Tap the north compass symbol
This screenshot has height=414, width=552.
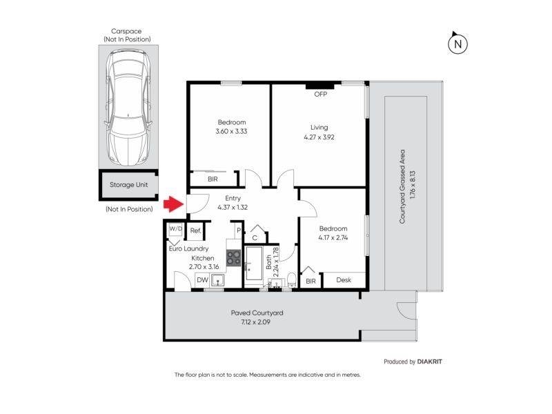click(457, 43)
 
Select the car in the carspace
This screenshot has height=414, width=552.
click(128, 108)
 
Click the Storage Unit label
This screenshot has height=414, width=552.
click(128, 185)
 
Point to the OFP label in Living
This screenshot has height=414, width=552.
click(320, 94)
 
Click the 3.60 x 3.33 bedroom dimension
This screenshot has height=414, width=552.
click(231, 131)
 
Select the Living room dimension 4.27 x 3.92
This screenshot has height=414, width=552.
click(319, 137)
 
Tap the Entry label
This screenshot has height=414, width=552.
click(233, 198)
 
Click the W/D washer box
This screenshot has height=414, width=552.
click(176, 229)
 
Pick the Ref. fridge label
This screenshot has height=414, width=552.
click(196, 231)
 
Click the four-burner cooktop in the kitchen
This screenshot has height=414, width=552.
click(233, 257)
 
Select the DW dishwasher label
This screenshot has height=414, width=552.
click(202, 280)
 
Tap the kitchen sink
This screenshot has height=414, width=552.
click(218, 281)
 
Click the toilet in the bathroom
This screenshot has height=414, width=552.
click(291, 279)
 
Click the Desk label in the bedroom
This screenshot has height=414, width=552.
click(344, 280)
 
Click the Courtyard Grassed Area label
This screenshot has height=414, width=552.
click(402, 186)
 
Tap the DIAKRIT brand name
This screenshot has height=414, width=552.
click(429, 362)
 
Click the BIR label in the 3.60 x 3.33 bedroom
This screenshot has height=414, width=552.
click(213, 179)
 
